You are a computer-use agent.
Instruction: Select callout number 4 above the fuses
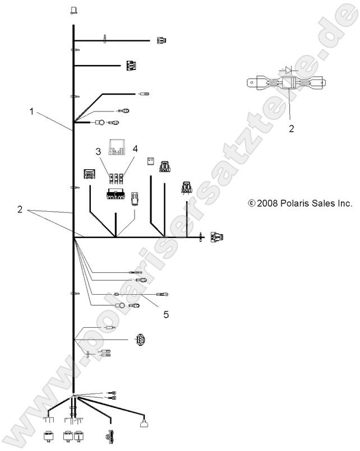click(135, 149)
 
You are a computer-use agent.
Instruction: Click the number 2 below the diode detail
click(292, 128)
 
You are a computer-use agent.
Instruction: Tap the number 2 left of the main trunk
click(20, 210)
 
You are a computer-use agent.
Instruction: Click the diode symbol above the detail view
click(288, 71)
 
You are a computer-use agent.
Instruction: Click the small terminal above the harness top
click(73, 10)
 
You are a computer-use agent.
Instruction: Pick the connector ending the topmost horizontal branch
click(161, 40)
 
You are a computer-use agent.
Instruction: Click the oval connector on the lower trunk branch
click(140, 340)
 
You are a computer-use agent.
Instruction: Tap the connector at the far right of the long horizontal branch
click(216, 238)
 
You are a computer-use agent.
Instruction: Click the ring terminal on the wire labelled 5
click(165, 294)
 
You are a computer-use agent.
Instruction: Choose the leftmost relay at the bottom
click(49, 436)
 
